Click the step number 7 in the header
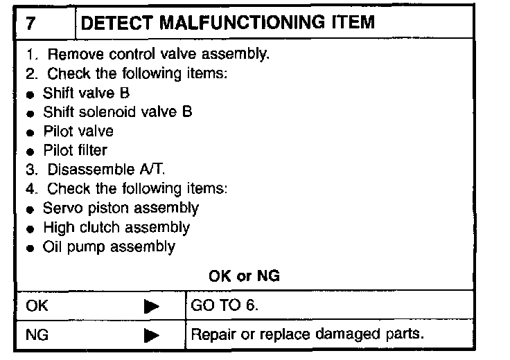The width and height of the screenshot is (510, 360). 31,22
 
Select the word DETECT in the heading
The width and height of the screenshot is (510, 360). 114,22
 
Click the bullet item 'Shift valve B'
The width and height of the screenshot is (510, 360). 86,93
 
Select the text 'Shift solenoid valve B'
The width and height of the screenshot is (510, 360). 116,111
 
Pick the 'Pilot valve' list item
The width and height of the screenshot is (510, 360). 78,131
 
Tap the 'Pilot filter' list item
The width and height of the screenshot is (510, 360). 75,150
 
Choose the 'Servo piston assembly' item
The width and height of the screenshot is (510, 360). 121,208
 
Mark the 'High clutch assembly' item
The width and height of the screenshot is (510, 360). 116,226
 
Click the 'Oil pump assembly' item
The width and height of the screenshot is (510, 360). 109,246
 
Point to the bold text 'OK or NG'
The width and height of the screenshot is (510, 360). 244,276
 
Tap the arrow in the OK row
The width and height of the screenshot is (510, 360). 152,305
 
